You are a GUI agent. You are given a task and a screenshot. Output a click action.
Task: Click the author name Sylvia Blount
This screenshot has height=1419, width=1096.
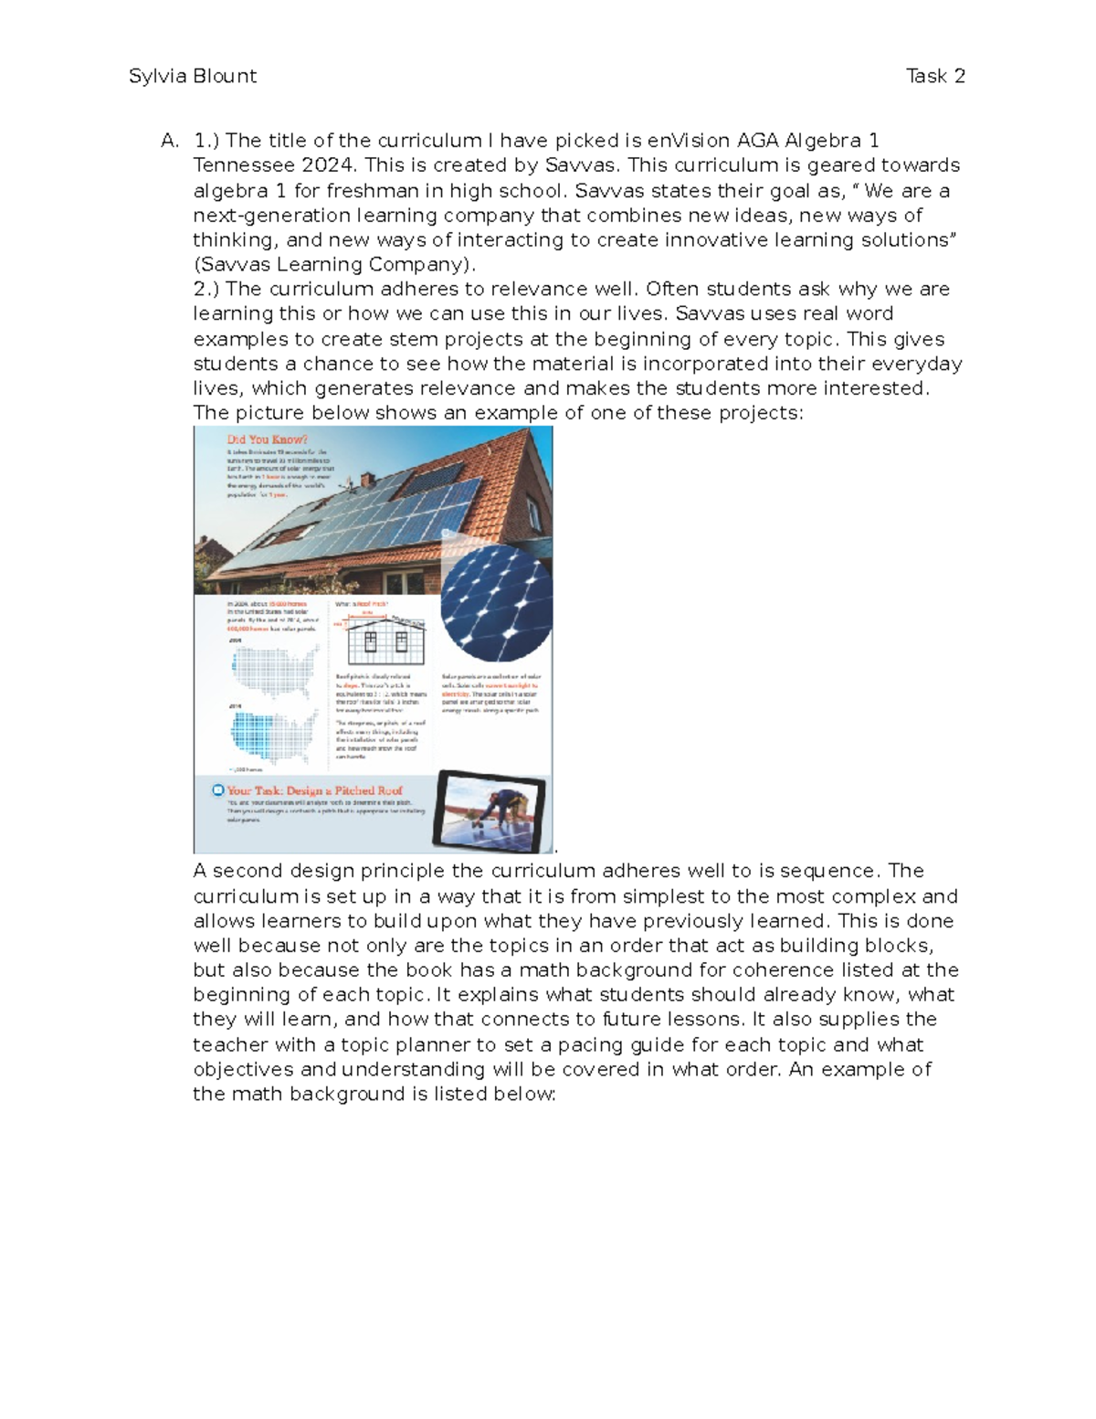click(193, 76)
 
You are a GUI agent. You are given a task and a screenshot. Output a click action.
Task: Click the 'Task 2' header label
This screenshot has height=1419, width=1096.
click(935, 76)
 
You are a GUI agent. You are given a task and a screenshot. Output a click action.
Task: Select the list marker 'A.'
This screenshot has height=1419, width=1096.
click(170, 141)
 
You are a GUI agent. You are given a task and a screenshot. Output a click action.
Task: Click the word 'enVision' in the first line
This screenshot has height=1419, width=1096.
click(689, 141)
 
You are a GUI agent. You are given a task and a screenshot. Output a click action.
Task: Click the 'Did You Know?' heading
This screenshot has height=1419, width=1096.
click(267, 439)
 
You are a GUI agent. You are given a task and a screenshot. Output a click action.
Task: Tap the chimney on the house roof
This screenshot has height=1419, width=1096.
click(366, 478)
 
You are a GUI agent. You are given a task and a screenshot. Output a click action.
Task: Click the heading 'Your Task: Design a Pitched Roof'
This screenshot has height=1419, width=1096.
click(314, 790)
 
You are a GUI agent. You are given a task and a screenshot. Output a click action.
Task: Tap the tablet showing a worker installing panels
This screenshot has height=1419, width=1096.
click(491, 810)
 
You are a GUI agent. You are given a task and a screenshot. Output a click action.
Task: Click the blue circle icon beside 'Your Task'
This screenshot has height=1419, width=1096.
click(217, 790)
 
